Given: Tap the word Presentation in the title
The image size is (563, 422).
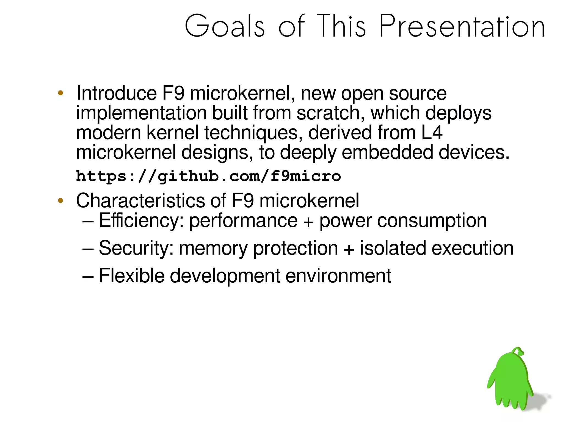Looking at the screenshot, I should point(462,26).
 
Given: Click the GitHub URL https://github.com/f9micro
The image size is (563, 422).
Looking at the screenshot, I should point(208,176).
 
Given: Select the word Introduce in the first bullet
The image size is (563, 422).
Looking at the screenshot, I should point(117,93).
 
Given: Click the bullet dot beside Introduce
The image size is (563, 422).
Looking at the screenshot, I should point(61,93).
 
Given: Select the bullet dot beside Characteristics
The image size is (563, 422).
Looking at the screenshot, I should point(61,200).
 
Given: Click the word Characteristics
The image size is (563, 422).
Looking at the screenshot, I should point(140,200).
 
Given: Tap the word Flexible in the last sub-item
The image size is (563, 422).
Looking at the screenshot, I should point(131,276).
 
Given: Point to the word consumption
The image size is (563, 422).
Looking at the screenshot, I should point(432,220).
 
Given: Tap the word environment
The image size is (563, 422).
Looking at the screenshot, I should point(338,276).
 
